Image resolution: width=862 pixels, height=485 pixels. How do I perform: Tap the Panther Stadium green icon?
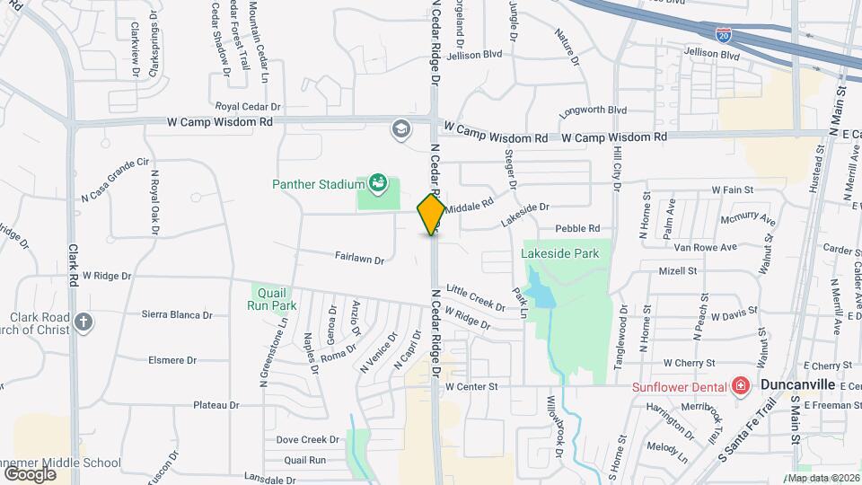376,184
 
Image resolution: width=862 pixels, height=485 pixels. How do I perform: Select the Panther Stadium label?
317,185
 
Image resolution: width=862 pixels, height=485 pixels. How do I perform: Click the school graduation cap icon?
400,130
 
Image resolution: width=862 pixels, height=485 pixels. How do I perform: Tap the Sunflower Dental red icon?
741,386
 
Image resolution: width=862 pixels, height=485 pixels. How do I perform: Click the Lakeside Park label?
559,254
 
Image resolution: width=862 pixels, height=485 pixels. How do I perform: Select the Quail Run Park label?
271,298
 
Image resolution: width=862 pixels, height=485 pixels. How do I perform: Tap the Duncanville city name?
797,384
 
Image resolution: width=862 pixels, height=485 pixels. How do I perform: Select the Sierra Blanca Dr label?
177,315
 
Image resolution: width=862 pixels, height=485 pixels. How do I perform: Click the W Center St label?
471,386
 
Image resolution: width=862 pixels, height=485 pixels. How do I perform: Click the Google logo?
29,473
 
